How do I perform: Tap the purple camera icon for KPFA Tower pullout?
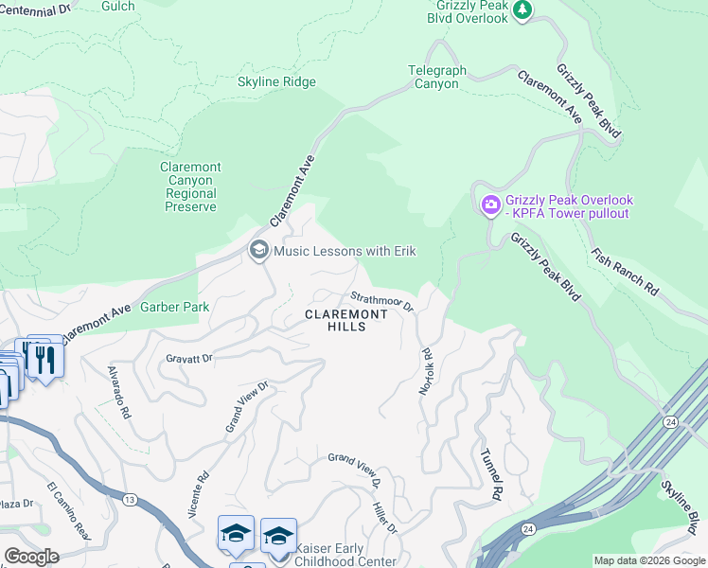point(490,204)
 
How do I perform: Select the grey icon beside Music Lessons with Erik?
point(257,251)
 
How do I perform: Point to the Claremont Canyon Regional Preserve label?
point(191,186)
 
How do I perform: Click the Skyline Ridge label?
point(276,82)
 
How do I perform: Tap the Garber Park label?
point(174,307)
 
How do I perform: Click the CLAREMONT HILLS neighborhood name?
point(346,320)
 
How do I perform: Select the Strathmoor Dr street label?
point(383,301)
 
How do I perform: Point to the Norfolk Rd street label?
point(427,369)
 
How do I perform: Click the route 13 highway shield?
point(130,499)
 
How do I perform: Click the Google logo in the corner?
point(31,556)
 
